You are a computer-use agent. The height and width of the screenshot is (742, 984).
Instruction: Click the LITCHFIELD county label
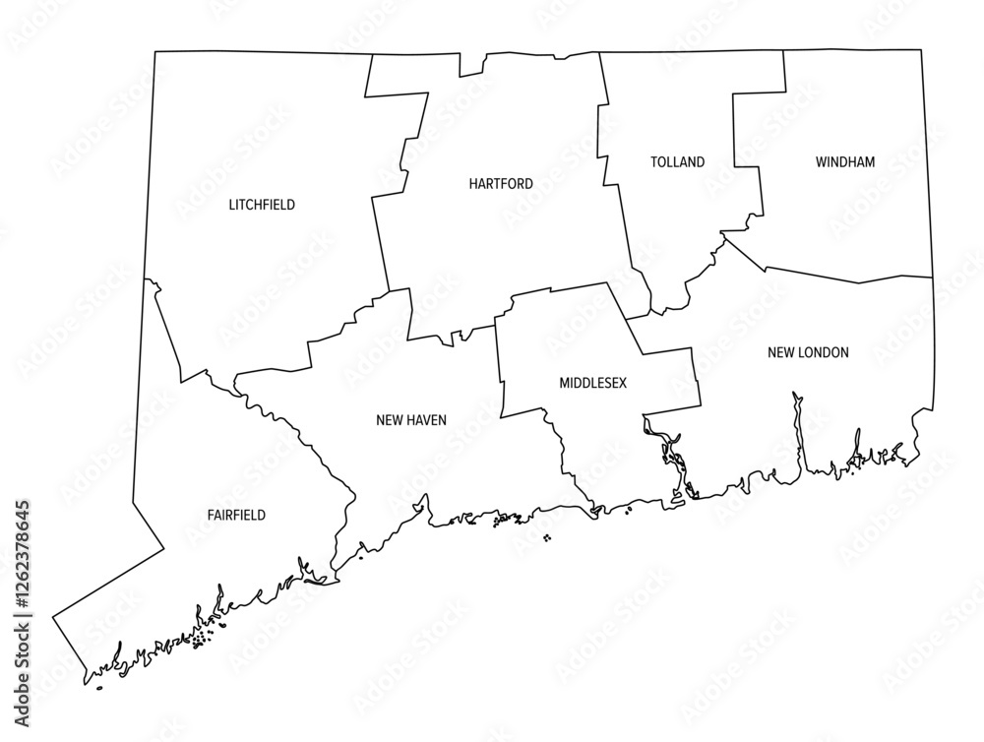click(262, 205)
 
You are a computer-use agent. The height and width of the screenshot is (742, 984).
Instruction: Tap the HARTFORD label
click(501, 184)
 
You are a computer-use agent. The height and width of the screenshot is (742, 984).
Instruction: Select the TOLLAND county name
click(677, 162)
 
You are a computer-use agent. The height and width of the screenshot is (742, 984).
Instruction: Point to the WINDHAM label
click(844, 162)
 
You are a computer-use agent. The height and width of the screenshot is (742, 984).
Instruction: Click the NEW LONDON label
click(808, 352)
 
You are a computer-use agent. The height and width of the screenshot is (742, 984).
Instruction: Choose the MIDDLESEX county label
click(592, 381)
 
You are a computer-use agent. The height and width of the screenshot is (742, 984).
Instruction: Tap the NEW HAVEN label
click(411, 420)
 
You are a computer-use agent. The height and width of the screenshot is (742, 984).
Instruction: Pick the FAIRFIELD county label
click(236, 515)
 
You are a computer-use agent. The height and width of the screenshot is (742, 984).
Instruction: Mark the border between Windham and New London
click(846, 278)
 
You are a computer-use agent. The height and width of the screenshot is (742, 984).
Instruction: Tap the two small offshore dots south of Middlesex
click(546, 537)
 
